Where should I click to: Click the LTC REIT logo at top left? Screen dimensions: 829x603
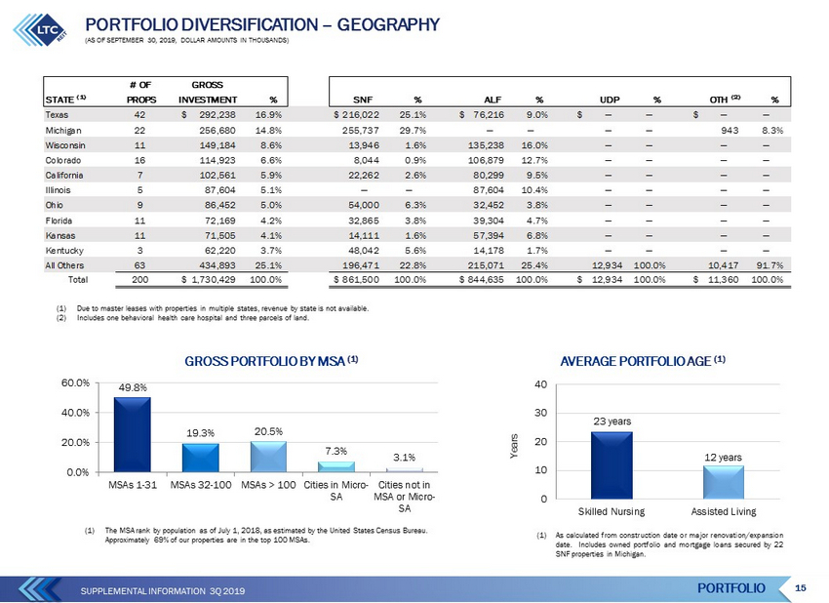pos(40,29)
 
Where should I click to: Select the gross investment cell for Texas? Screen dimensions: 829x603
pos(209,115)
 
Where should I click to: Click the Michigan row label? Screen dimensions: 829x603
pos(63,130)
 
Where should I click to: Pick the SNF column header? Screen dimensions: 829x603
pos(363,100)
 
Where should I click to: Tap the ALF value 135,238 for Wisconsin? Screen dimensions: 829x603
pos(486,145)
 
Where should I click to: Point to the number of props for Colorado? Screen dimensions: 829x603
pos(139,160)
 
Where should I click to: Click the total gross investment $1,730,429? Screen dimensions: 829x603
pos(209,279)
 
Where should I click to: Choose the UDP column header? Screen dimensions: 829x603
pos(609,100)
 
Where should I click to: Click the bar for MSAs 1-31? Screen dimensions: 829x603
pos(133,434)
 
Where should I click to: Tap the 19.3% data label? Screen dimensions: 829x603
pos(200,432)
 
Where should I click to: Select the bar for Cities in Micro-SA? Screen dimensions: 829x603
pos(336,466)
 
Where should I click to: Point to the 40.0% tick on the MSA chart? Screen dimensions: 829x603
pos(75,413)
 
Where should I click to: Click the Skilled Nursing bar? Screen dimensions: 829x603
pos(612,465)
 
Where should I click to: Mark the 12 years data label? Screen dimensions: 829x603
pos(723,457)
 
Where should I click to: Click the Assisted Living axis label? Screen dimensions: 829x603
pos(724,511)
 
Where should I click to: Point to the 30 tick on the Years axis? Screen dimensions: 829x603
pos(541,413)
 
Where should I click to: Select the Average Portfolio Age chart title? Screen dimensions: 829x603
pos(643,361)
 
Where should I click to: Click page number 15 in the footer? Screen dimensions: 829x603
pos(801,587)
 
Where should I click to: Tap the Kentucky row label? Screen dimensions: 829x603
pos(64,250)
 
